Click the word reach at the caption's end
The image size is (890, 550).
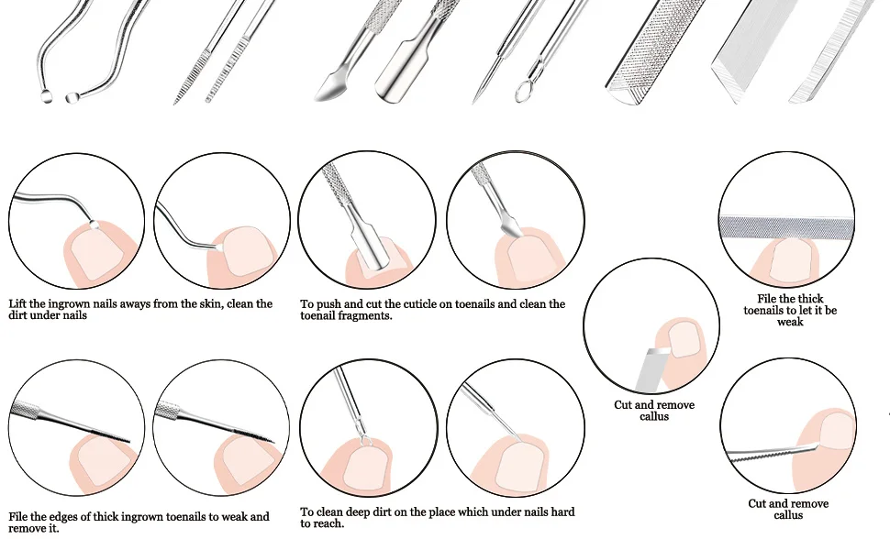pos(329,523)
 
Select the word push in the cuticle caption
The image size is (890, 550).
pos(328,303)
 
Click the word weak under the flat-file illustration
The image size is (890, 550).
pos(790,322)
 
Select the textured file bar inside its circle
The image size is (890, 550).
pos(787,225)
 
